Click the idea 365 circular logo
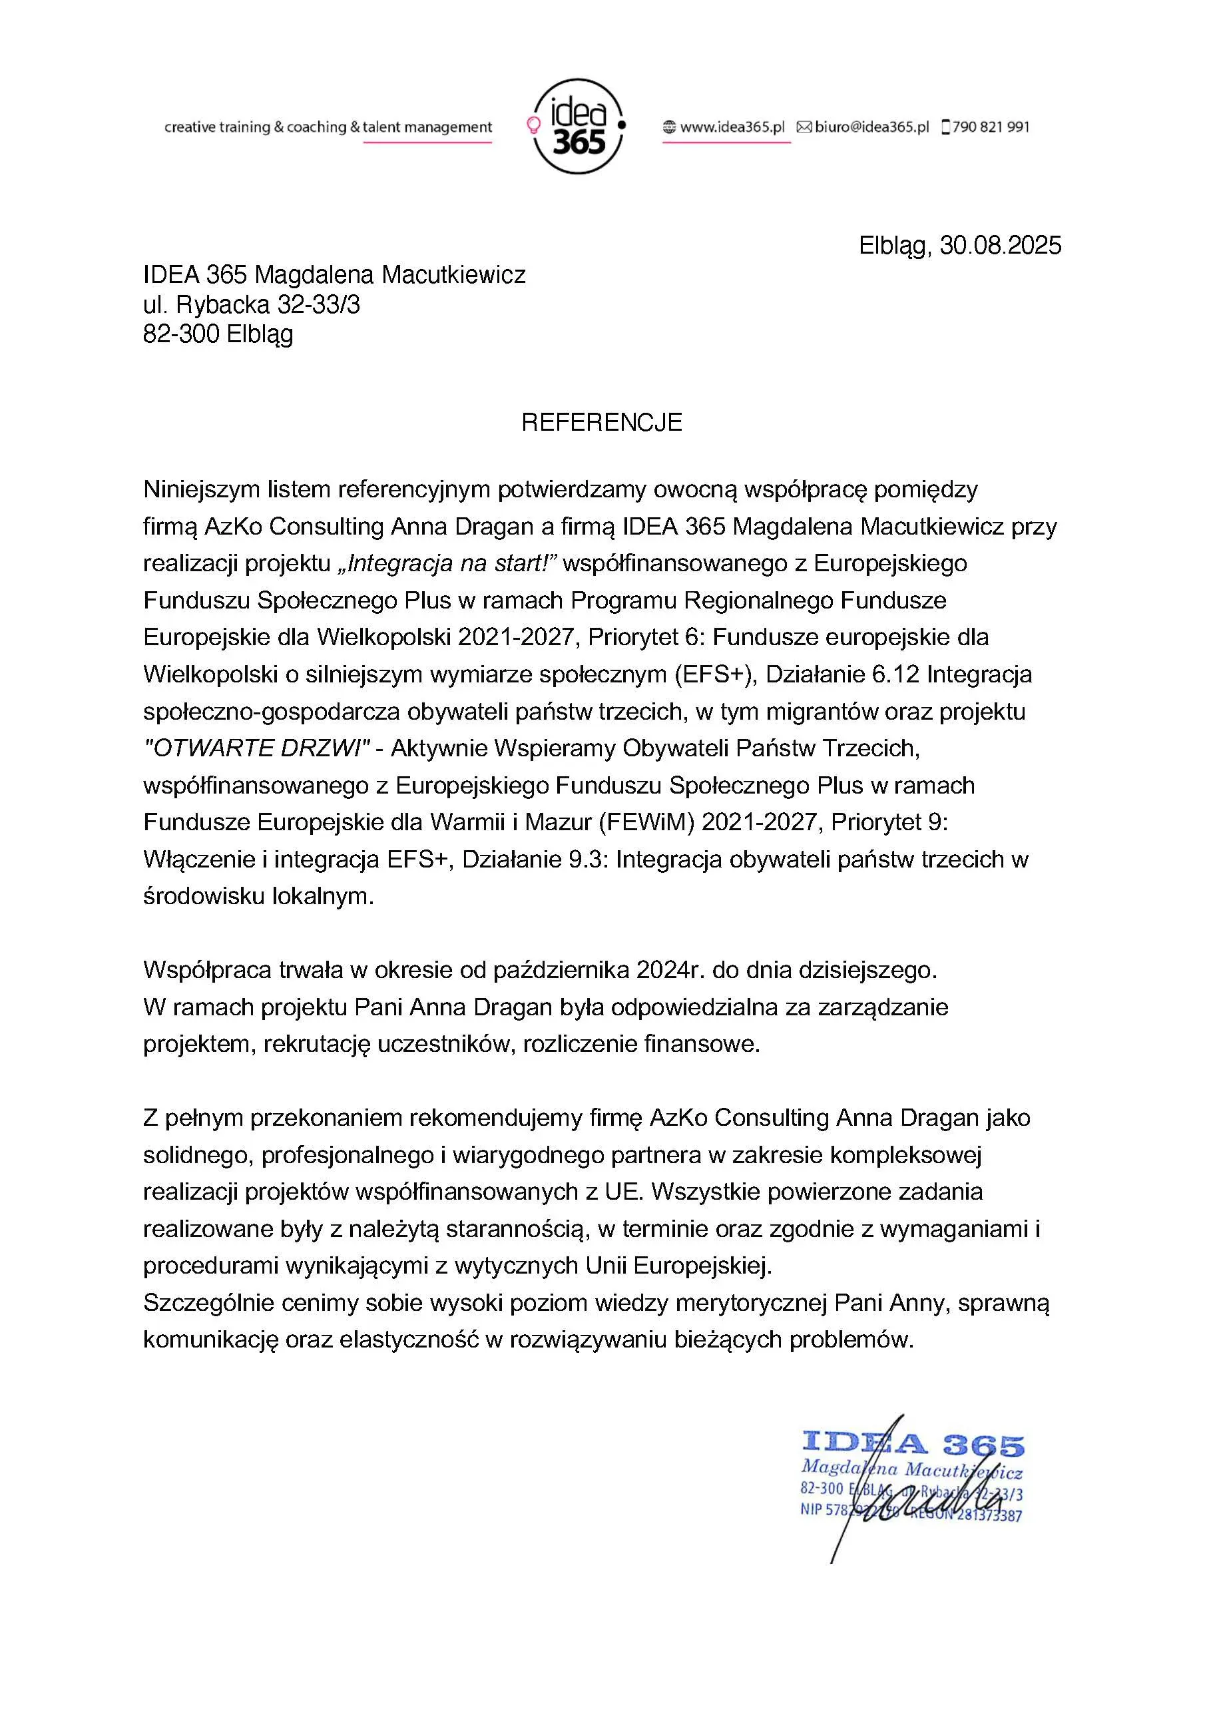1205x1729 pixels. (x=578, y=126)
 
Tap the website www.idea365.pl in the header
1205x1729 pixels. (x=732, y=126)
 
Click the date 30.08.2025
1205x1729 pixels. (x=1000, y=246)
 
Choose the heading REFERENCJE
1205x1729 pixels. (x=602, y=423)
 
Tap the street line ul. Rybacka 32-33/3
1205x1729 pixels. (x=252, y=304)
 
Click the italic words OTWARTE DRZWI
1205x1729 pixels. (x=256, y=748)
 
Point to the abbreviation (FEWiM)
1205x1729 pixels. (x=646, y=822)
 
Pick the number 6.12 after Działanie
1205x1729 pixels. (x=895, y=674)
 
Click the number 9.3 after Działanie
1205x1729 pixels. (x=587, y=860)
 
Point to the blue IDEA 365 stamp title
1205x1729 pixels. (x=913, y=1443)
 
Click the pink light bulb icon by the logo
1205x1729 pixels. (x=533, y=124)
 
